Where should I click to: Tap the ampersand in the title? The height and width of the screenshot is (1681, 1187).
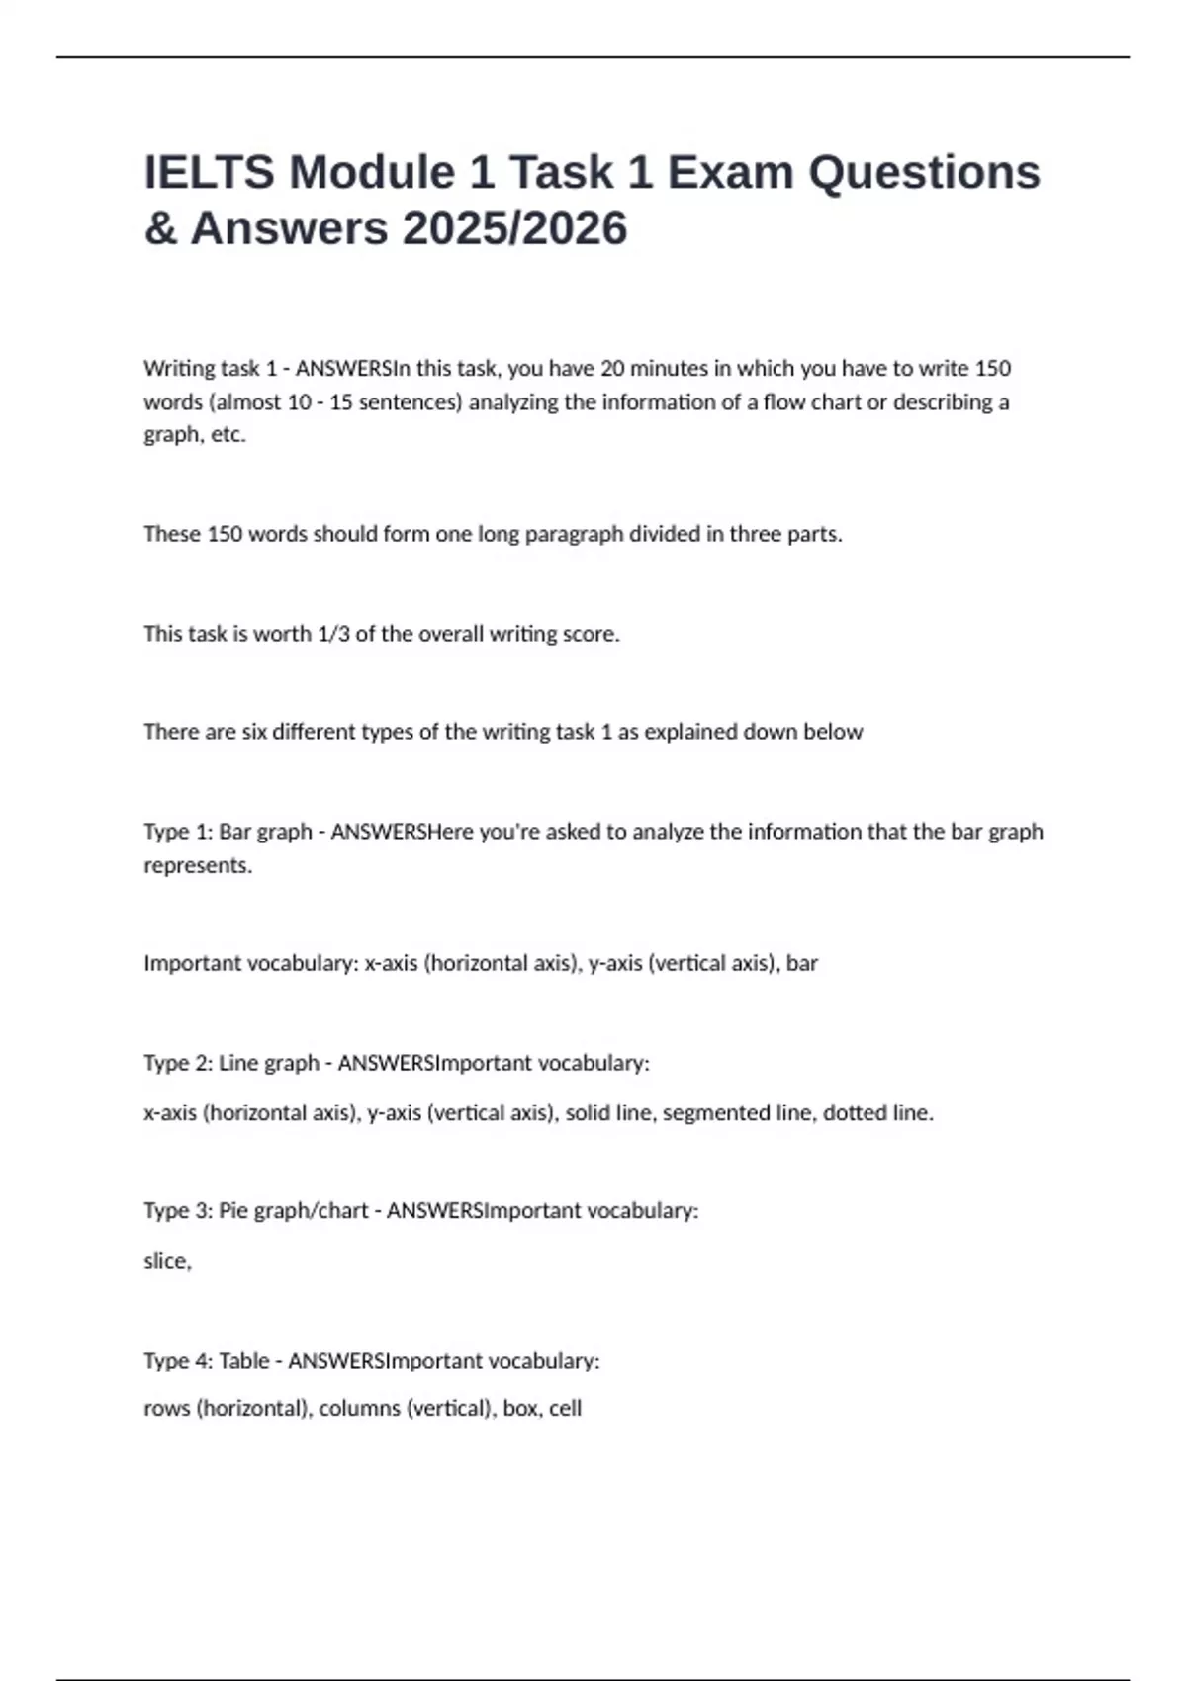pos(160,228)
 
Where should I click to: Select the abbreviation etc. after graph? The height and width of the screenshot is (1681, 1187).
pos(228,435)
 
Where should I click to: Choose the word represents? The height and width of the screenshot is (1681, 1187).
pos(198,865)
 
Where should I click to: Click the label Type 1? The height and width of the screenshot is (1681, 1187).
pos(178,832)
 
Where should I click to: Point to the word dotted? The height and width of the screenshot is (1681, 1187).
pos(855,1113)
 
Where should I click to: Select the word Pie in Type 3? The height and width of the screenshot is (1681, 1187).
pos(233,1211)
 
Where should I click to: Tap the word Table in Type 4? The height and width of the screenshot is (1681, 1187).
pos(243,1361)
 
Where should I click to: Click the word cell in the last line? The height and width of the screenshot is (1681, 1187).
pos(565,1409)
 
